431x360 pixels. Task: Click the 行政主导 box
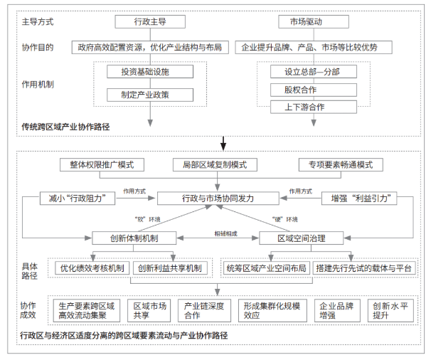(150, 22)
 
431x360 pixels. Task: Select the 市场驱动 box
(314, 22)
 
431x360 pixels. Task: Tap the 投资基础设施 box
(150, 72)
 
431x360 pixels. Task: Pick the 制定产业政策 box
(150, 95)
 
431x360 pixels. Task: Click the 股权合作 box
(314, 90)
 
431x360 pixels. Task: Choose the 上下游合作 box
(314, 107)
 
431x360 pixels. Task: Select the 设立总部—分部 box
(314, 72)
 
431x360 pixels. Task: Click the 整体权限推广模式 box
(102, 165)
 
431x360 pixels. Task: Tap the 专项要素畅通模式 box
(341, 165)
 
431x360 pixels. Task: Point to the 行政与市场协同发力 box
(218, 198)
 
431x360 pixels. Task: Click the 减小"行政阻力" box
(78, 198)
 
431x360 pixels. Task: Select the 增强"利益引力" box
(359, 198)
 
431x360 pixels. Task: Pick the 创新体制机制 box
(134, 238)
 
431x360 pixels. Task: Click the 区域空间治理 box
(302, 238)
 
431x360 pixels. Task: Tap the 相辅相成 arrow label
(225, 234)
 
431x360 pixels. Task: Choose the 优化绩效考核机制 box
(92, 268)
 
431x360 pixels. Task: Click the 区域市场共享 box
(149, 310)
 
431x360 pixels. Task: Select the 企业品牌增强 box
(337, 310)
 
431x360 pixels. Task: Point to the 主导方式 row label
(38, 22)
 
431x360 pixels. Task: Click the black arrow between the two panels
(223, 144)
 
